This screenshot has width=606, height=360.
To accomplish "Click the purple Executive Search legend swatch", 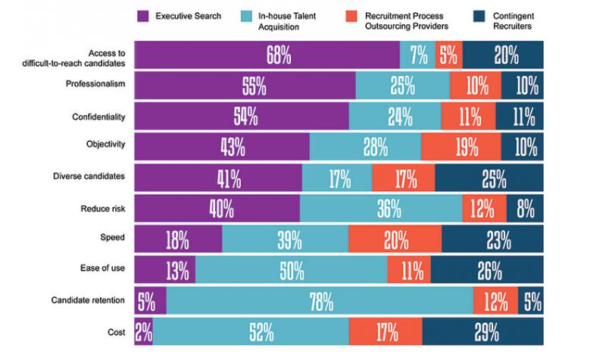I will click(x=145, y=16).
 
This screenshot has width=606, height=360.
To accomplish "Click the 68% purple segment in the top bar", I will click(x=267, y=55).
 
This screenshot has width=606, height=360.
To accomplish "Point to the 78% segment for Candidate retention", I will click(x=320, y=302).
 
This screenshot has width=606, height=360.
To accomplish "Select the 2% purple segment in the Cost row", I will click(x=143, y=331).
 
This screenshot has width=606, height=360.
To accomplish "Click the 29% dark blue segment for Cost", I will click(x=483, y=331).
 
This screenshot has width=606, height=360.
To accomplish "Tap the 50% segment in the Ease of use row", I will click(x=291, y=268).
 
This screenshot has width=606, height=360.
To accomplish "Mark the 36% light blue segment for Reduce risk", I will click(x=381, y=207).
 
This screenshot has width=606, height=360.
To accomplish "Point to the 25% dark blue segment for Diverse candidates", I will click(x=489, y=178).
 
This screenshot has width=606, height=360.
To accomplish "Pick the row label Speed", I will click(x=112, y=238).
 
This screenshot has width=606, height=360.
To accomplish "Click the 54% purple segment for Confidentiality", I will click(x=242, y=117).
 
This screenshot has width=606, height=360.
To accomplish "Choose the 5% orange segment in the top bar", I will click(x=448, y=55).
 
